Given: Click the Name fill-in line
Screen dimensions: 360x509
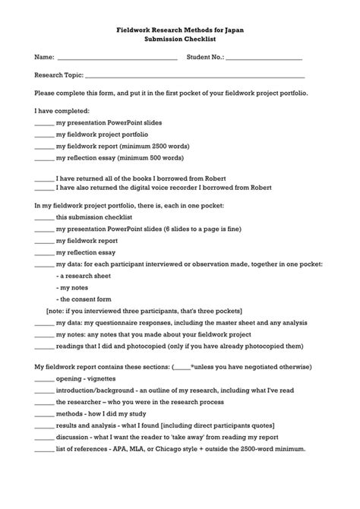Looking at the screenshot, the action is [x=117, y=58].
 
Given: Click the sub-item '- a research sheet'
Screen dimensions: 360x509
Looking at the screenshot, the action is [x=85, y=276].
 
